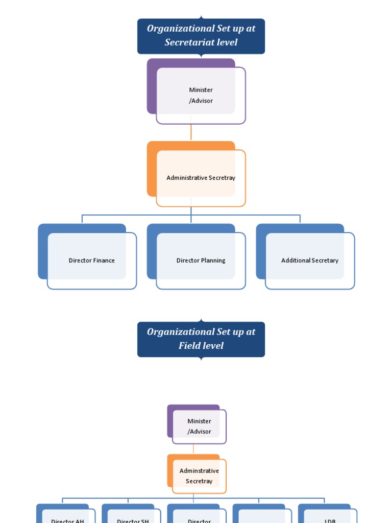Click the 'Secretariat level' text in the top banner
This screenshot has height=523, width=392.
tap(201, 42)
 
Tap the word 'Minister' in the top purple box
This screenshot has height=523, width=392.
tap(201, 90)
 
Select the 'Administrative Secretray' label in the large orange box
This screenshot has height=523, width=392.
tap(201, 178)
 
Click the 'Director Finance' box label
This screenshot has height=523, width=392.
tap(92, 260)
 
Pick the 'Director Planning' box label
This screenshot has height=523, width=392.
tap(201, 260)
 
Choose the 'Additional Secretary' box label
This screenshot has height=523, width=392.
tap(310, 260)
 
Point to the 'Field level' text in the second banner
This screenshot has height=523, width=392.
tap(201, 346)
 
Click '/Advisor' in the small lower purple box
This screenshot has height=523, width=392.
tap(199, 432)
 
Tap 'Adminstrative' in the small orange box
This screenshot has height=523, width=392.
tap(199, 471)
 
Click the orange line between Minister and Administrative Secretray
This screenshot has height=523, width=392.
tap(191, 132)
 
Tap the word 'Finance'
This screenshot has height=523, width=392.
tap(104, 260)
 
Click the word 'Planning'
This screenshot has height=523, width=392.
tap(213, 260)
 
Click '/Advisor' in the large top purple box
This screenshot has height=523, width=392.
tap(201, 101)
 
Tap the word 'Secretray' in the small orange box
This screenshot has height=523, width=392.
tap(199, 481)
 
